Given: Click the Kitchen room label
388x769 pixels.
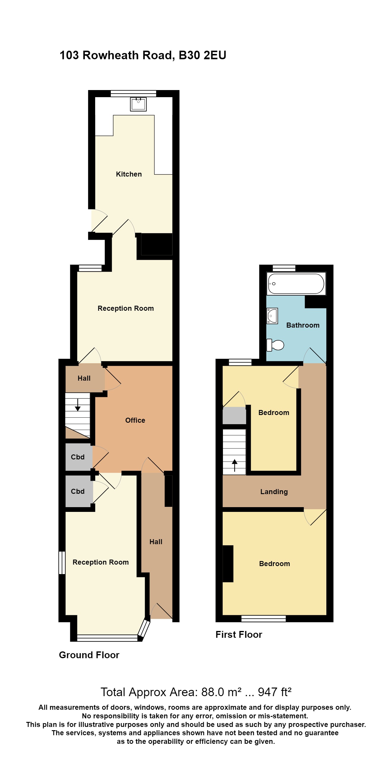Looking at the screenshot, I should click(129, 174).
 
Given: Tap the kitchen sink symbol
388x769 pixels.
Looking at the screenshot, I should click(138, 104).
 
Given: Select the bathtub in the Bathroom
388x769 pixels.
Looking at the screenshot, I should click(296, 283).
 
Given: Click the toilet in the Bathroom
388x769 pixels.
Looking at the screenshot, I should click(275, 345).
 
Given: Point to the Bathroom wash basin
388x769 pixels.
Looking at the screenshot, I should click(272, 316).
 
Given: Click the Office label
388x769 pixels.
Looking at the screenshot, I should click(135, 420).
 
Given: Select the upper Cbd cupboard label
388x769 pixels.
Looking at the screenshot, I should click(78, 457).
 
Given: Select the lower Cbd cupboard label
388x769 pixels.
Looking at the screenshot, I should click(78, 491).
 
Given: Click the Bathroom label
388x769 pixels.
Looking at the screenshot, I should click(303, 325).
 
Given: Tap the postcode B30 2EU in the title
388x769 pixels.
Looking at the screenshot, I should click(202, 55).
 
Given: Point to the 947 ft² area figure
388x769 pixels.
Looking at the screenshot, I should click(274, 692).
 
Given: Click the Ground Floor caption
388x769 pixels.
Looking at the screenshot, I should click(89, 655).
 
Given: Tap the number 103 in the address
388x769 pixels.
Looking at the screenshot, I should click(69, 55).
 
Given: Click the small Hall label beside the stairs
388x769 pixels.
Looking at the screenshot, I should click(84, 378).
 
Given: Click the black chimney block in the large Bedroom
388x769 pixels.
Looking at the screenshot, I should click(228, 564).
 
